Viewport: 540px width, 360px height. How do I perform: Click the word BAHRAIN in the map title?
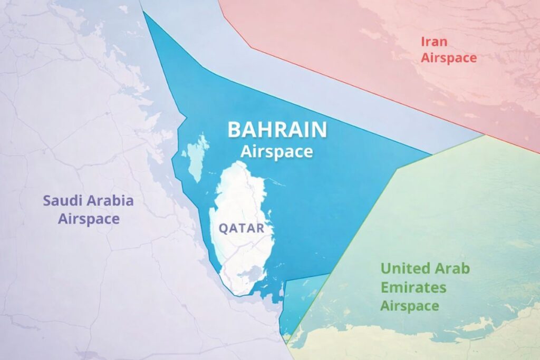[277, 130]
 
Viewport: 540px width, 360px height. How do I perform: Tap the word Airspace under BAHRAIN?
[277, 152]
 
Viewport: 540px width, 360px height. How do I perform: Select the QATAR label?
[241, 229]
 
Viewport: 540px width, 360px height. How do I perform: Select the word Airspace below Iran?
[449, 58]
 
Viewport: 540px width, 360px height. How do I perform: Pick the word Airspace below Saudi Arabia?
[89, 219]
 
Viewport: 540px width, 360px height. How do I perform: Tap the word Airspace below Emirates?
[410, 306]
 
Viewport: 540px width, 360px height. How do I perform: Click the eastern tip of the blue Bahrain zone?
[429, 154]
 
